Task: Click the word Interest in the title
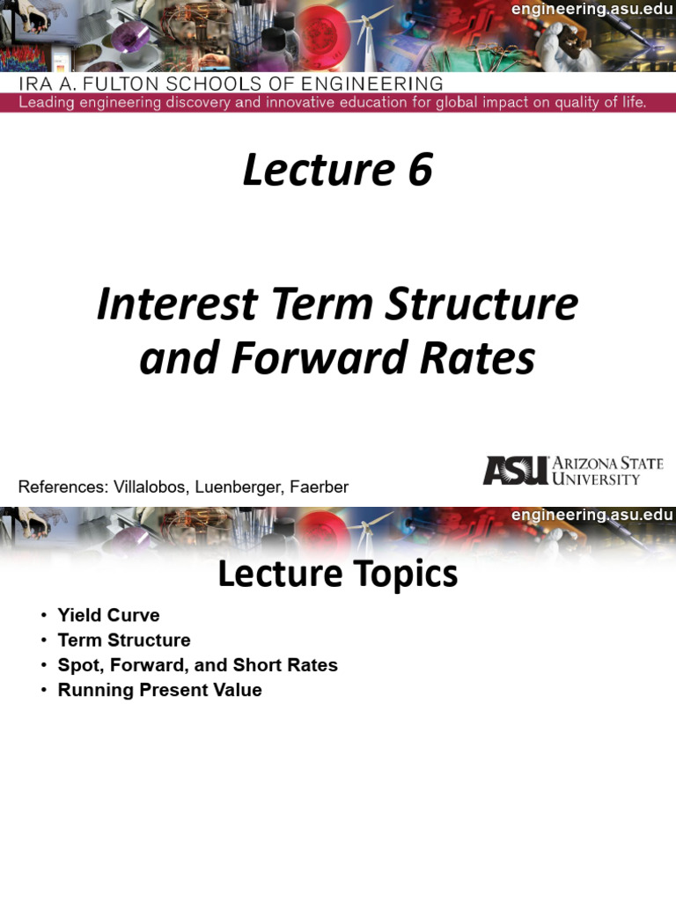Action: pyautogui.click(x=176, y=305)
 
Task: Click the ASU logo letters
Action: pyautogui.click(x=515, y=471)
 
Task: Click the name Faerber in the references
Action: pyautogui.click(x=320, y=487)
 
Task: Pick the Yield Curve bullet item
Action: pyautogui.click(x=108, y=615)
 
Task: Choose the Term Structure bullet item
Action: pyautogui.click(x=124, y=640)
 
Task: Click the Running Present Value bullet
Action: pyautogui.click(x=159, y=690)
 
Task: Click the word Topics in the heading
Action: pyautogui.click(x=404, y=575)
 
